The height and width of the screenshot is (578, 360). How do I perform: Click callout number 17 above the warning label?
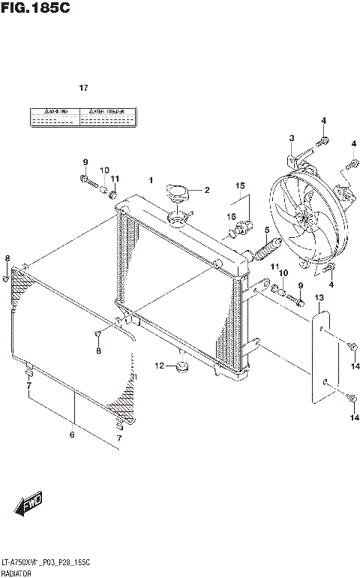coord(84,88)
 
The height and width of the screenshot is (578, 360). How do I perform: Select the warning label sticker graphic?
coord(83,116)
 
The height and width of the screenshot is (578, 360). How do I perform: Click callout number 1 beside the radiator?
coord(151,180)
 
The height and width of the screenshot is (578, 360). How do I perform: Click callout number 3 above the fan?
coord(291,137)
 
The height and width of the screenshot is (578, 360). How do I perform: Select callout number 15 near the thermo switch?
coord(240,185)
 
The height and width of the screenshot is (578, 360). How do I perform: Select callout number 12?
coord(159,366)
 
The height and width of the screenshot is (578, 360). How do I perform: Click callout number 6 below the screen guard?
coord(73,434)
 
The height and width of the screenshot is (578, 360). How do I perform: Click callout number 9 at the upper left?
coord(85,162)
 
